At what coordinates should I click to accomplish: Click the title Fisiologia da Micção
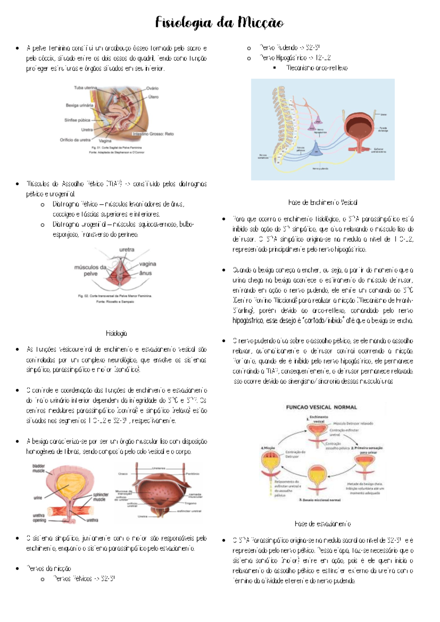point(219,23)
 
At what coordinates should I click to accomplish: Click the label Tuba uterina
point(85,88)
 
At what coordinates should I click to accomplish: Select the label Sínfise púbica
point(77,120)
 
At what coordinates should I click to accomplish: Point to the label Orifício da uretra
point(75,140)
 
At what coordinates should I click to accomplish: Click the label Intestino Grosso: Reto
point(153,134)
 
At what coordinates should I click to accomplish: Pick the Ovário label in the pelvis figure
point(152,88)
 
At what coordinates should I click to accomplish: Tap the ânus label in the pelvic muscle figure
point(146,273)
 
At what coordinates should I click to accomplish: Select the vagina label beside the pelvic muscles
point(147,264)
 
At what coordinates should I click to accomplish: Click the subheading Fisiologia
point(116,333)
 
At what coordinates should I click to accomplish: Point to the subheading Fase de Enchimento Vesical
point(323,202)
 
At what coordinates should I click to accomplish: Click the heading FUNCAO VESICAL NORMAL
point(321,407)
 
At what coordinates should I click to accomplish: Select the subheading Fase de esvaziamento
point(323,524)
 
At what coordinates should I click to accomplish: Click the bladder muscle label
point(38,468)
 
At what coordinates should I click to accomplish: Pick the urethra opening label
point(39,517)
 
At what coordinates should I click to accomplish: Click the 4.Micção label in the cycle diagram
point(268,448)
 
